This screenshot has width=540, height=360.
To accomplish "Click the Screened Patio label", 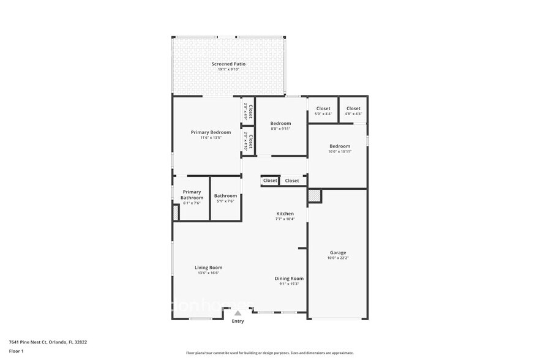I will [228, 64].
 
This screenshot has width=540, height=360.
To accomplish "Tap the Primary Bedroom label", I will [211, 132].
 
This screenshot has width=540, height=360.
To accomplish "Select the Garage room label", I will [338, 252].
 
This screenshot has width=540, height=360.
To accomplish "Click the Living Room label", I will [208, 268].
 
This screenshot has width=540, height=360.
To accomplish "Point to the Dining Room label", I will [289, 279].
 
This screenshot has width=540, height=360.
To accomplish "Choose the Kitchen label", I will [285, 214].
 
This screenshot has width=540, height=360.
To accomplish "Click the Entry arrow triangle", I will [238, 313].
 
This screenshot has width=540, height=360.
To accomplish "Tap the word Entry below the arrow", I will [238, 321].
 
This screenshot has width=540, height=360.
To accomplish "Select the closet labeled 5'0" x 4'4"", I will [323, 114].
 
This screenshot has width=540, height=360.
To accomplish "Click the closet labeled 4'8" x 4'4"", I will [353, 114].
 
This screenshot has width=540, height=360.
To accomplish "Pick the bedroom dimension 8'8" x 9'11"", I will [280, 129].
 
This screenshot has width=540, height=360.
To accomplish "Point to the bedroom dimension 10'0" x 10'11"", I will [340, 152].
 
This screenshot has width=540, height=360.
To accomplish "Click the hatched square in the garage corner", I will [314, 196].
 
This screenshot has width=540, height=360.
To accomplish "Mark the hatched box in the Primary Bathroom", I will [175, 212].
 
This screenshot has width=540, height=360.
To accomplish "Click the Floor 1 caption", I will [16, 351].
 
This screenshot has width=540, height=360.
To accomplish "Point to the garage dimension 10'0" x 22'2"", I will [338, 258].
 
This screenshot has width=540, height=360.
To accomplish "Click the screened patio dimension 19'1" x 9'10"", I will [228, 70].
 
